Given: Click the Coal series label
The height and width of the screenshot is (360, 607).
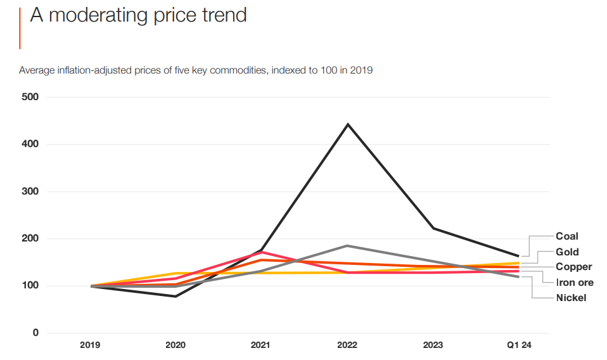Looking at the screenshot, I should pos(566,236).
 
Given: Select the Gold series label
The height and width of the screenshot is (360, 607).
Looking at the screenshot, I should pos(566,252).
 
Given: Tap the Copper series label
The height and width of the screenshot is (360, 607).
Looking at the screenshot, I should pos(573,267).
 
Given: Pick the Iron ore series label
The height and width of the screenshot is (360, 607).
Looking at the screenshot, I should pos(574,283).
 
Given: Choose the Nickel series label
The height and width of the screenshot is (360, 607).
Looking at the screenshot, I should pos(571,297).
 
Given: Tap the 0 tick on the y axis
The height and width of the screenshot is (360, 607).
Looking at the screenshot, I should pos(35,333).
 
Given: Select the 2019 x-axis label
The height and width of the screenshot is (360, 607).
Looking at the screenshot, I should pos(90,345).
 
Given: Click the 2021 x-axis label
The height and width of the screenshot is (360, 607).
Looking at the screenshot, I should pos(260,345).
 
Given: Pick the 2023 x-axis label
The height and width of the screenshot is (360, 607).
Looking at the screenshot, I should pos(432,345).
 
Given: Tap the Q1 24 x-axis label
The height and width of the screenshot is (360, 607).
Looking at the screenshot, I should pos(519,345).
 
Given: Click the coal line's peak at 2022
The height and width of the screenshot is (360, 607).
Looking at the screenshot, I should pos(347,124).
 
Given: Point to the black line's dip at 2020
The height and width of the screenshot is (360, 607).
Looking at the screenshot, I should pos(176,296).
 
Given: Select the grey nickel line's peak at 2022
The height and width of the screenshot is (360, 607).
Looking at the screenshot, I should pos(347,245).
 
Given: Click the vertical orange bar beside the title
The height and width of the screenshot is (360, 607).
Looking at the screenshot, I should pos(20,29).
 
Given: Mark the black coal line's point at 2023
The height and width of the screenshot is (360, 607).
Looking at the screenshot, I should pos(433,228).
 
